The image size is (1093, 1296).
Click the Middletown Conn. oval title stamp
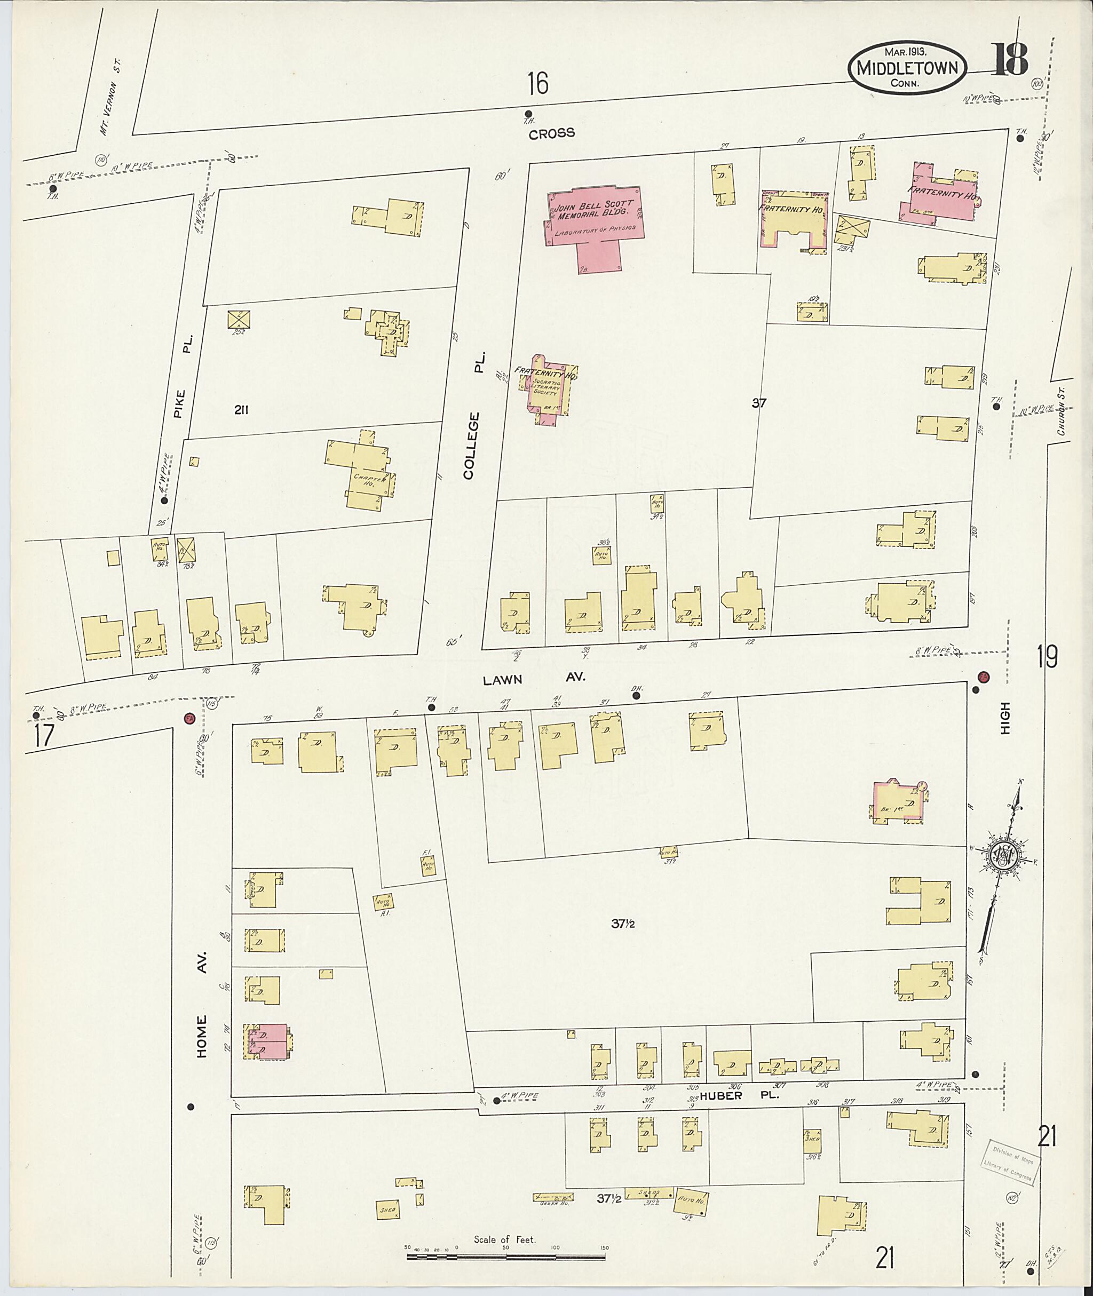(x=907, y=69)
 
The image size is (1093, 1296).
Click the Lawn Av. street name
(x=534, y=679)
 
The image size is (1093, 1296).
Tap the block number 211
(x=242, y=409)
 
